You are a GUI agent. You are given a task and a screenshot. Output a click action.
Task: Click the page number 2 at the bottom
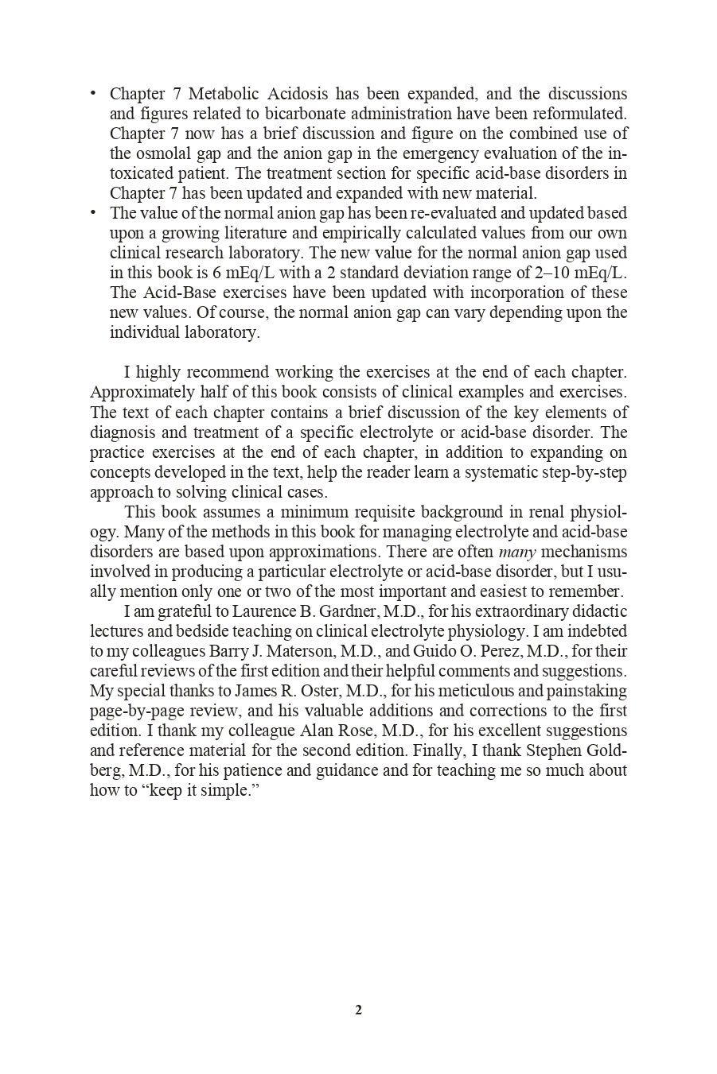pos(358,1010)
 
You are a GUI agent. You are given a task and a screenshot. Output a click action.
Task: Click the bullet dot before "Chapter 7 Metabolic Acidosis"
pos(93,93)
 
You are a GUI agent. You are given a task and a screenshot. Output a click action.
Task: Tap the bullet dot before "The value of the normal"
pos(93,212)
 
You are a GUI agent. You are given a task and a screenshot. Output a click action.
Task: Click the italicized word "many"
pos(517,552)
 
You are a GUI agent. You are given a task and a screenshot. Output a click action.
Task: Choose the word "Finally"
pos(459,750)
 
